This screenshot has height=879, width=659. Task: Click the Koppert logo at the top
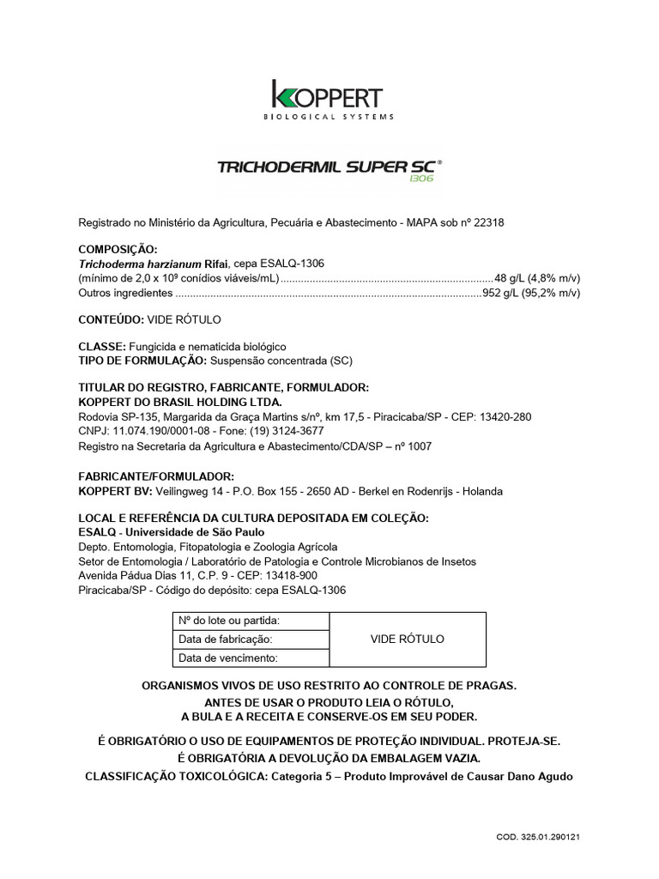327,99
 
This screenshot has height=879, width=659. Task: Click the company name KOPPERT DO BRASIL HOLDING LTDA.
180,402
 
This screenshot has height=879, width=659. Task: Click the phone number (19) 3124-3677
286,430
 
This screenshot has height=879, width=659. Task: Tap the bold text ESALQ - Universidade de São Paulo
171,532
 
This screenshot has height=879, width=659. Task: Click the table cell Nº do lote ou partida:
228,621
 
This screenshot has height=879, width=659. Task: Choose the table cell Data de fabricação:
225,640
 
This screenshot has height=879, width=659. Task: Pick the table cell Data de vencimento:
227,658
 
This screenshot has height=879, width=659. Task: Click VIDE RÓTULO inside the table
407,640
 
